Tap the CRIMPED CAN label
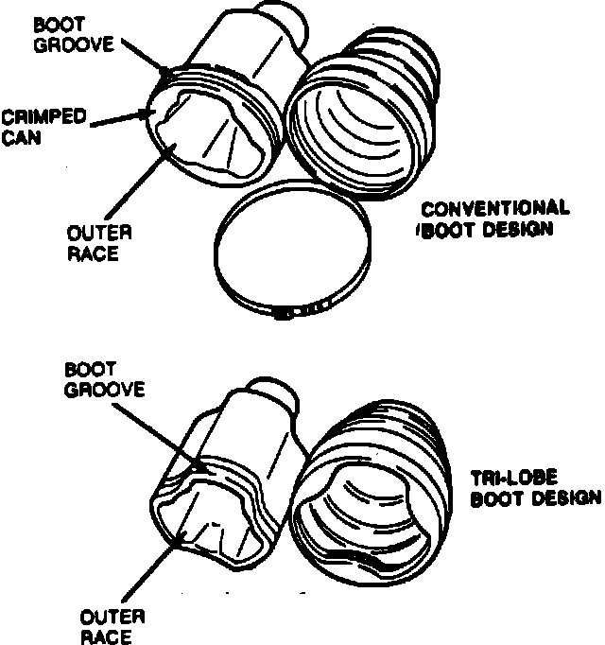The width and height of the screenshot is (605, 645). pyautogui.click(x=43, y=124)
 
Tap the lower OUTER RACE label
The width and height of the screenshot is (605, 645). pyautogui.click(x=112, y=625)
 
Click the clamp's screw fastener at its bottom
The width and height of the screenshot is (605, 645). pyautogui.click(x=281, y=311)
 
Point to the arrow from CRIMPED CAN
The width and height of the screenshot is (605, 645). pyautogui.click(x=118, y=117)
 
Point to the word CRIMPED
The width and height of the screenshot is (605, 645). pyautogui.click(x=43, y=116)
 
